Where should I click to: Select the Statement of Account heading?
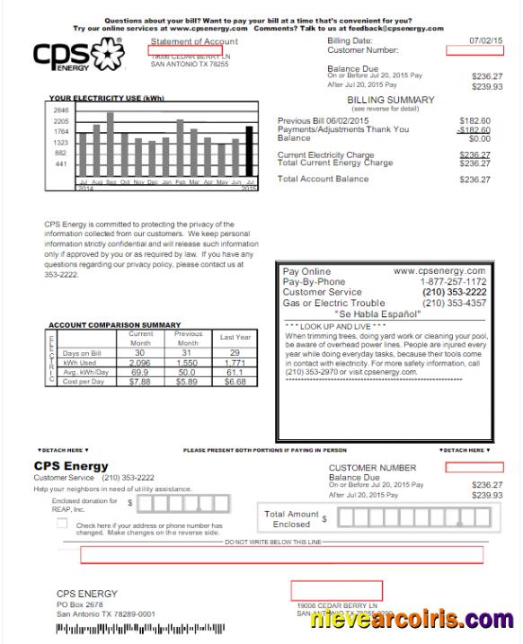pyautogui.click(x=195, y=41)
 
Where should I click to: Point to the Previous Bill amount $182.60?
pyautogui.click(x=474, y=120)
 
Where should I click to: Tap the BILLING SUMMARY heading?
pyautogui.click(x=385, y=100)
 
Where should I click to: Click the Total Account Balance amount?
pyautogui.click(x=474, y=180)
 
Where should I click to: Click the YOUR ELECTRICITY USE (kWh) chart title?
pyautogui.click(x=107, y=97)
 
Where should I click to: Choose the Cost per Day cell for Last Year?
pyautogui.click(x=235, y=381)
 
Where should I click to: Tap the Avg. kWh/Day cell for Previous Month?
pyautogui.click(x=188, y=372)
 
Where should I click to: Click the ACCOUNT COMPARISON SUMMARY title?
pyautogui.click(x=115, y=324)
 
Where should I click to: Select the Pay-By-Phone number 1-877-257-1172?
pyautogui.click(x=453, y=281)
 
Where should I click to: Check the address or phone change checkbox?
pyautogui.click(x=62, y=524)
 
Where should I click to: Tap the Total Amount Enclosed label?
pyautogui.click(x=290, y=518)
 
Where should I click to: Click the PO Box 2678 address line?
pyautogui.click(x=80, y=604)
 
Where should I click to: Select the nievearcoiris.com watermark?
pyautogui.click(x=412, y=619)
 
